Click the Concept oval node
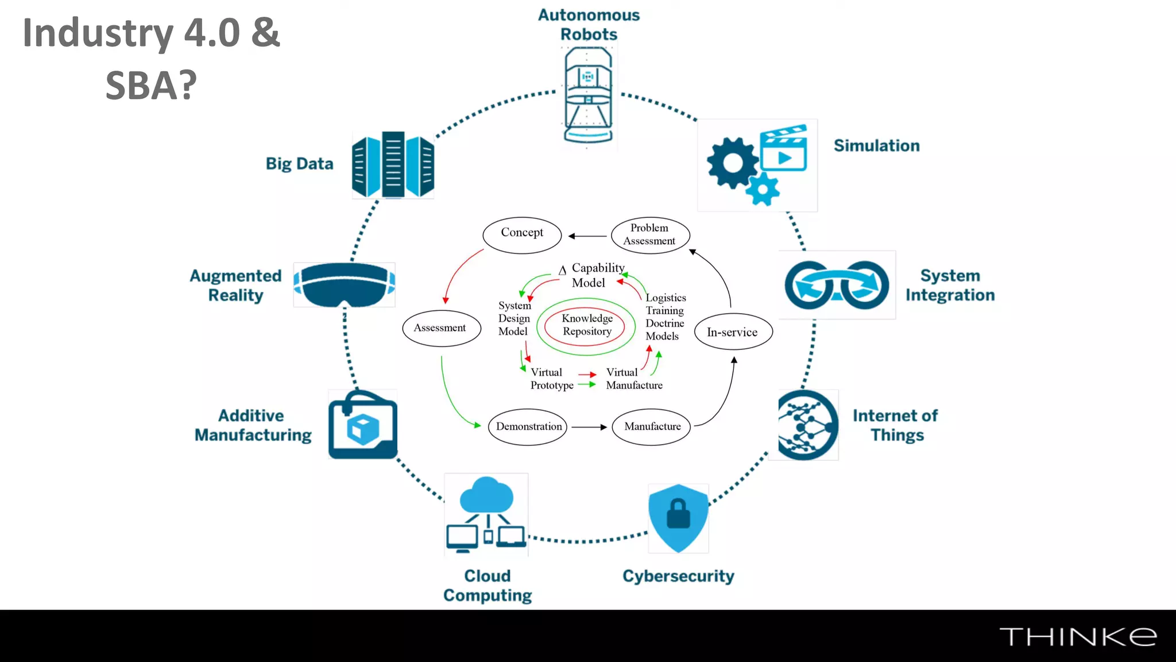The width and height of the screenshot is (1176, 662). click(x=521, y=235)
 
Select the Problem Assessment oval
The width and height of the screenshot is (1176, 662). click(x=650, y=235)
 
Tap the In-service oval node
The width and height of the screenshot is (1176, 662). click(x=733, y=332)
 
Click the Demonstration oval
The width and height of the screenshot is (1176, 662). click(x=528, y=426)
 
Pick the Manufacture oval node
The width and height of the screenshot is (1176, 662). click(x=652, y=426)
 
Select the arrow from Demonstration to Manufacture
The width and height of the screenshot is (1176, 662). click(x=589, y=427)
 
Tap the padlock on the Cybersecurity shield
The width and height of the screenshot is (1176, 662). click(x=678, y=514)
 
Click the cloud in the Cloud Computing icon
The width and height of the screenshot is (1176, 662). click(x=486, y=495)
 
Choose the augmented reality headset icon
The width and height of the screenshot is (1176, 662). click(x=345, y=285)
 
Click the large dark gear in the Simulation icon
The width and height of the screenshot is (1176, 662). click(x=732, y=163)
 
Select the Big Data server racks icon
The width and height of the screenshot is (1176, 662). click(x=393, y=165)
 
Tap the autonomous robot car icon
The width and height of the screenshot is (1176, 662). click(x=588, y=95)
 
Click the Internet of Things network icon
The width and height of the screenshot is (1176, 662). click(x=807, y=425)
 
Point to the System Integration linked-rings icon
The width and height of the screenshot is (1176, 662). click(x=837, y=285)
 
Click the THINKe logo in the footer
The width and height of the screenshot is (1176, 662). click(x=1078, y=637)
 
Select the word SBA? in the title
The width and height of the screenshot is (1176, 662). click(x=151, y=86)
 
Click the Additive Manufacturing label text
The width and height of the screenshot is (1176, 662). click(x=253, y=425)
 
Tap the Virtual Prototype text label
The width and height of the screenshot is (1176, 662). click(x=551, y=379)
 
